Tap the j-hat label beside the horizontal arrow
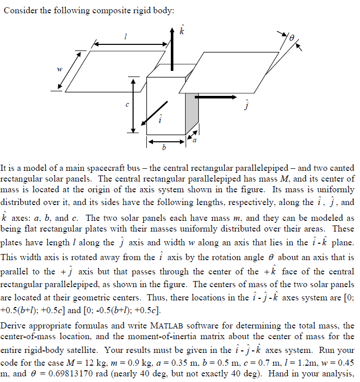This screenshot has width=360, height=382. (x=245, y=106)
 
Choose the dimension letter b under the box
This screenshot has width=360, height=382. (x=163, y=148)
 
